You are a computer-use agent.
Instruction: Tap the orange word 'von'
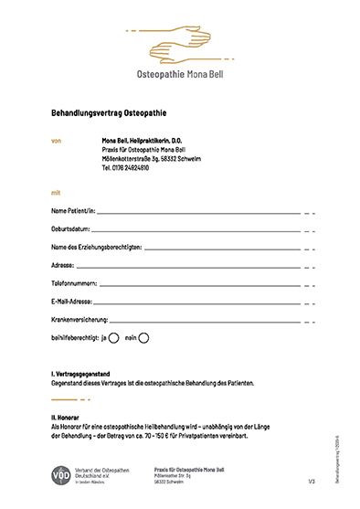[x=57, y=141]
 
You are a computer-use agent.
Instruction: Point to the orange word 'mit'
[x=57, y=194]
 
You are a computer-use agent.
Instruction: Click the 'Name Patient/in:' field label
[x=74, y=212]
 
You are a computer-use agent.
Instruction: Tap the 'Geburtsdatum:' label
[x=70, y=229]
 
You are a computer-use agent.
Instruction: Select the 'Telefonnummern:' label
[x=74, y=283]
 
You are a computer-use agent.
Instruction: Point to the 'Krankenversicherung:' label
[x=80, y=319]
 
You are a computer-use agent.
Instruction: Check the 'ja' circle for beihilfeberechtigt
[x=114, y=337]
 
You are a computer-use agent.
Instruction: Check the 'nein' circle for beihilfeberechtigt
[x=143, y=337]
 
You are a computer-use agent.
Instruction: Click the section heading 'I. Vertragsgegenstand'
[x=82, y=375]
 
